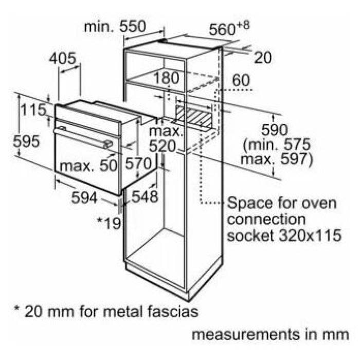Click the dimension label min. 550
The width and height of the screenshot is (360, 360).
116,26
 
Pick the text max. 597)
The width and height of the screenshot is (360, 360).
277,159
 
